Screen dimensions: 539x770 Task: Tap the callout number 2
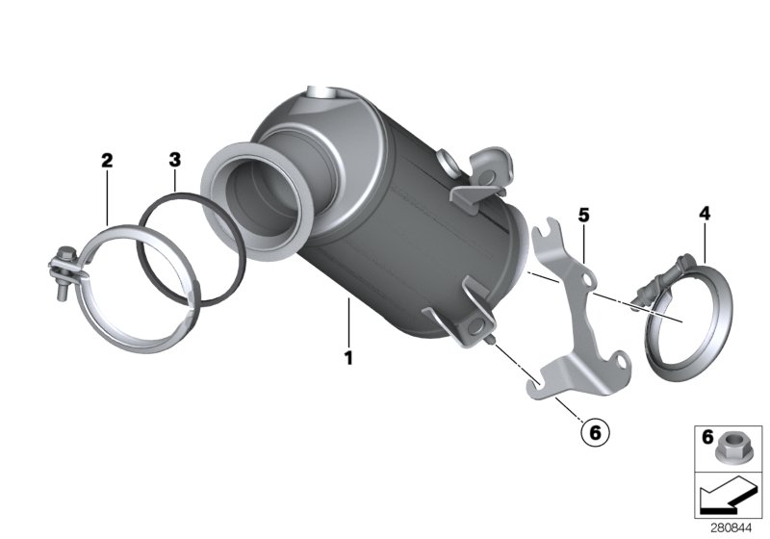coord(107,160)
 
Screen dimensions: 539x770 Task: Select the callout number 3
coord(174,160)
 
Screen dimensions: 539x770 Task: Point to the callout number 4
coord(705,216)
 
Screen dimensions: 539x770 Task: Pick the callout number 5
coord(583,215)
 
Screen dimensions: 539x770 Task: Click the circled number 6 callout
coord(594,434)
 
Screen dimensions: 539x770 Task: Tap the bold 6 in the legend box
coord(707,438)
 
